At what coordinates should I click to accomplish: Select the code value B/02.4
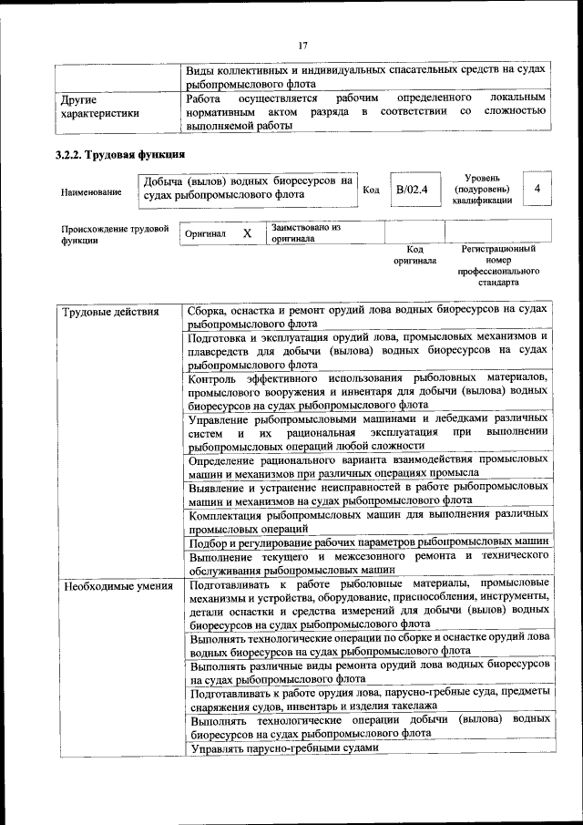[412, 190]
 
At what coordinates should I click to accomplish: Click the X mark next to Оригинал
[247, 233]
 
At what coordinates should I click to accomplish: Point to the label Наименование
[91, 192]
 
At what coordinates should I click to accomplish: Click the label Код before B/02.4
[371, 190]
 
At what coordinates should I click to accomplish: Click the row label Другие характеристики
[100, 106]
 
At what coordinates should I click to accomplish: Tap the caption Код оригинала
[414, 254]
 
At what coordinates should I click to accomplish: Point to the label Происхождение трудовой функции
[115, 234]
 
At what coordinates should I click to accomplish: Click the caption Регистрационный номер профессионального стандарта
[497, 265]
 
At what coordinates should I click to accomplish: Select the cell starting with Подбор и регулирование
[367, 541]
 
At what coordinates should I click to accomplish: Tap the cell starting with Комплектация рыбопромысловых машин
[367, 521]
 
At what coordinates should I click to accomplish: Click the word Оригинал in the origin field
[205, 234]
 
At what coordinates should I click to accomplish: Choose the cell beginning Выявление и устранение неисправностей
[367, 493]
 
